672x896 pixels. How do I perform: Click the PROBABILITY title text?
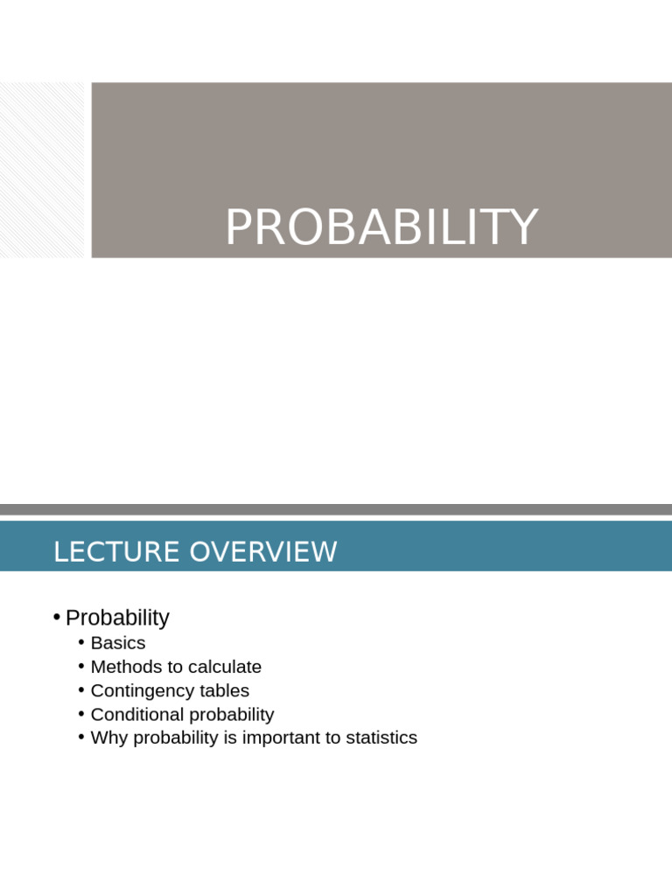[x=381, y=227]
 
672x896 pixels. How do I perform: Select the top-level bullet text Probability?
[x=117, y=618]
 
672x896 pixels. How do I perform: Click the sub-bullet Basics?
[x=118, y=643]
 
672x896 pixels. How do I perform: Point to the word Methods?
[x=124, y=667]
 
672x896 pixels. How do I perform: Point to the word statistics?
[x=381, y=738]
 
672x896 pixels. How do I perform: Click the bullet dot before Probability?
[x=56, y=618]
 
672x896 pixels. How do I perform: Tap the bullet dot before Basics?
[x=81, y=643]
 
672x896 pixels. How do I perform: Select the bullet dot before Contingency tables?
[x=81, y=690]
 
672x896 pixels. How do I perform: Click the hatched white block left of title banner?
[x=42, y=170]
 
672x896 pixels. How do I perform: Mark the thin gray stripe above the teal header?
[x=336, y=509]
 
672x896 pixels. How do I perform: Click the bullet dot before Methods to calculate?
[x=81, y=667]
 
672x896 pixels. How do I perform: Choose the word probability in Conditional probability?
[x=230, y=714]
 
